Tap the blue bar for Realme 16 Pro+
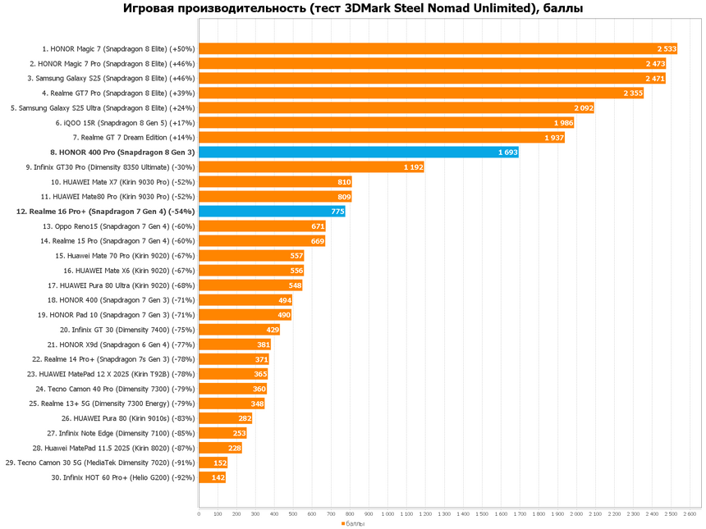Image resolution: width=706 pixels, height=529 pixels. [x=272, y=211]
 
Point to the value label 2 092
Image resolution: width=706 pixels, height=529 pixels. [x=583, y=107]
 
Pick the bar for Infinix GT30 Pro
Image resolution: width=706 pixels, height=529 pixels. [x=311, y=166]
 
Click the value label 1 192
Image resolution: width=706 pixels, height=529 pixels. [x=413, y=166]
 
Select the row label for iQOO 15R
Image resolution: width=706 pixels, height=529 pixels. [x=126, y=122]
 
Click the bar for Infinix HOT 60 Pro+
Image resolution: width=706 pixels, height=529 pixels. [x=212, y=477]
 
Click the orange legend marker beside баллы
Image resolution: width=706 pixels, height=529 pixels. [x=343, y=523]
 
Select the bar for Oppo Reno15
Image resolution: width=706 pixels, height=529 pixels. [x=262, y=226]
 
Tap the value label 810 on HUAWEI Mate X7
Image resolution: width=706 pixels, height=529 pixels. [x=344, y=181]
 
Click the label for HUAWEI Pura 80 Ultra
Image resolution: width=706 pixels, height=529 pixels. [x=121, y=285]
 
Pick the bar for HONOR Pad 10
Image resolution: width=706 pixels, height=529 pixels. [x=245, y=315]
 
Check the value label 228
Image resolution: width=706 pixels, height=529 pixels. [x=234, y=448]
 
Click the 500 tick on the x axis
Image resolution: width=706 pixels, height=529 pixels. [x=293, y=514]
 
